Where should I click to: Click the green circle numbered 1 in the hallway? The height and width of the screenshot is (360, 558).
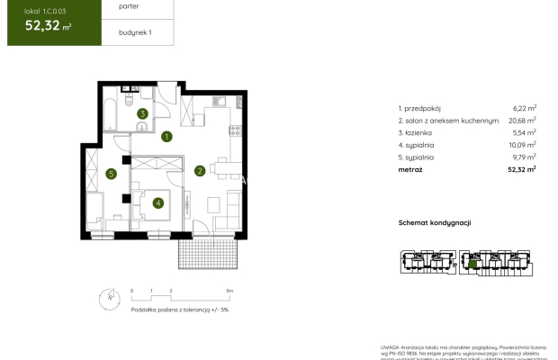(167, 138)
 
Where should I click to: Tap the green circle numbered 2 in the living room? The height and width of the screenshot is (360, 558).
(200, 170)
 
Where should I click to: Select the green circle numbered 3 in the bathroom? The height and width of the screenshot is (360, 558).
(142, 114)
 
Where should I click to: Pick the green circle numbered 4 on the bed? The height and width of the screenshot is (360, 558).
(157, 202)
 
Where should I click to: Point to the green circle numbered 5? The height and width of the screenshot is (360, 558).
(110, 174)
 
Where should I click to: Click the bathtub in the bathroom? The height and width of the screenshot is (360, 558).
(109, 114)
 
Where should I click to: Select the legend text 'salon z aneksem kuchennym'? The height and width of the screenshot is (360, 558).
(441, 120)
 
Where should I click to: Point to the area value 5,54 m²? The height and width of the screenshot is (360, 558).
(524, 132)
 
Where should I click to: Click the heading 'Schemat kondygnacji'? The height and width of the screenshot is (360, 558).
(435, 222)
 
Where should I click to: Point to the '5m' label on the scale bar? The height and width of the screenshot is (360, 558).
(229, 291)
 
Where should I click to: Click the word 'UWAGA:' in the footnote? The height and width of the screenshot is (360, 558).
(389, 343)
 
